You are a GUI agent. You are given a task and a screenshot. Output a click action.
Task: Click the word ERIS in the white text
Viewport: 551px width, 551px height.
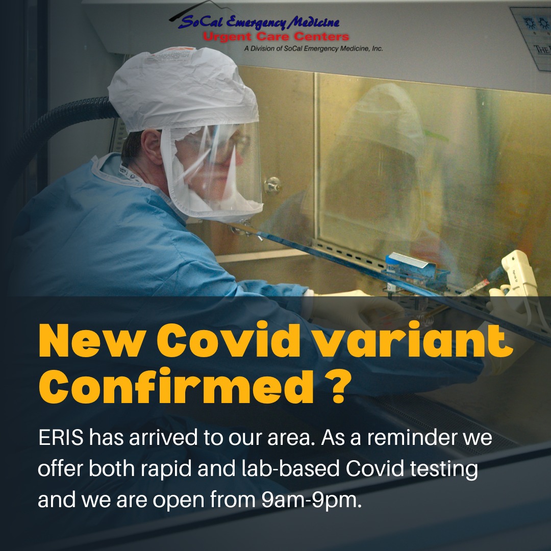click(x=61, y=438)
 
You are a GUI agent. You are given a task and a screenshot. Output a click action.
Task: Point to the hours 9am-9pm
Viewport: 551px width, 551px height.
click(x=311, y=500)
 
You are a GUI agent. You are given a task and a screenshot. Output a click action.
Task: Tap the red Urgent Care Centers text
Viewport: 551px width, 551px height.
click(x=276, y=37)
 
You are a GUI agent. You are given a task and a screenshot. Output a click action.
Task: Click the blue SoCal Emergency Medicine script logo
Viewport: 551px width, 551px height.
click(x=259, y=22)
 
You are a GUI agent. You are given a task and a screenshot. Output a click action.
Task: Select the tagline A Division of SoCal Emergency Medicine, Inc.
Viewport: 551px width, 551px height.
click(x=313, y=48)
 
